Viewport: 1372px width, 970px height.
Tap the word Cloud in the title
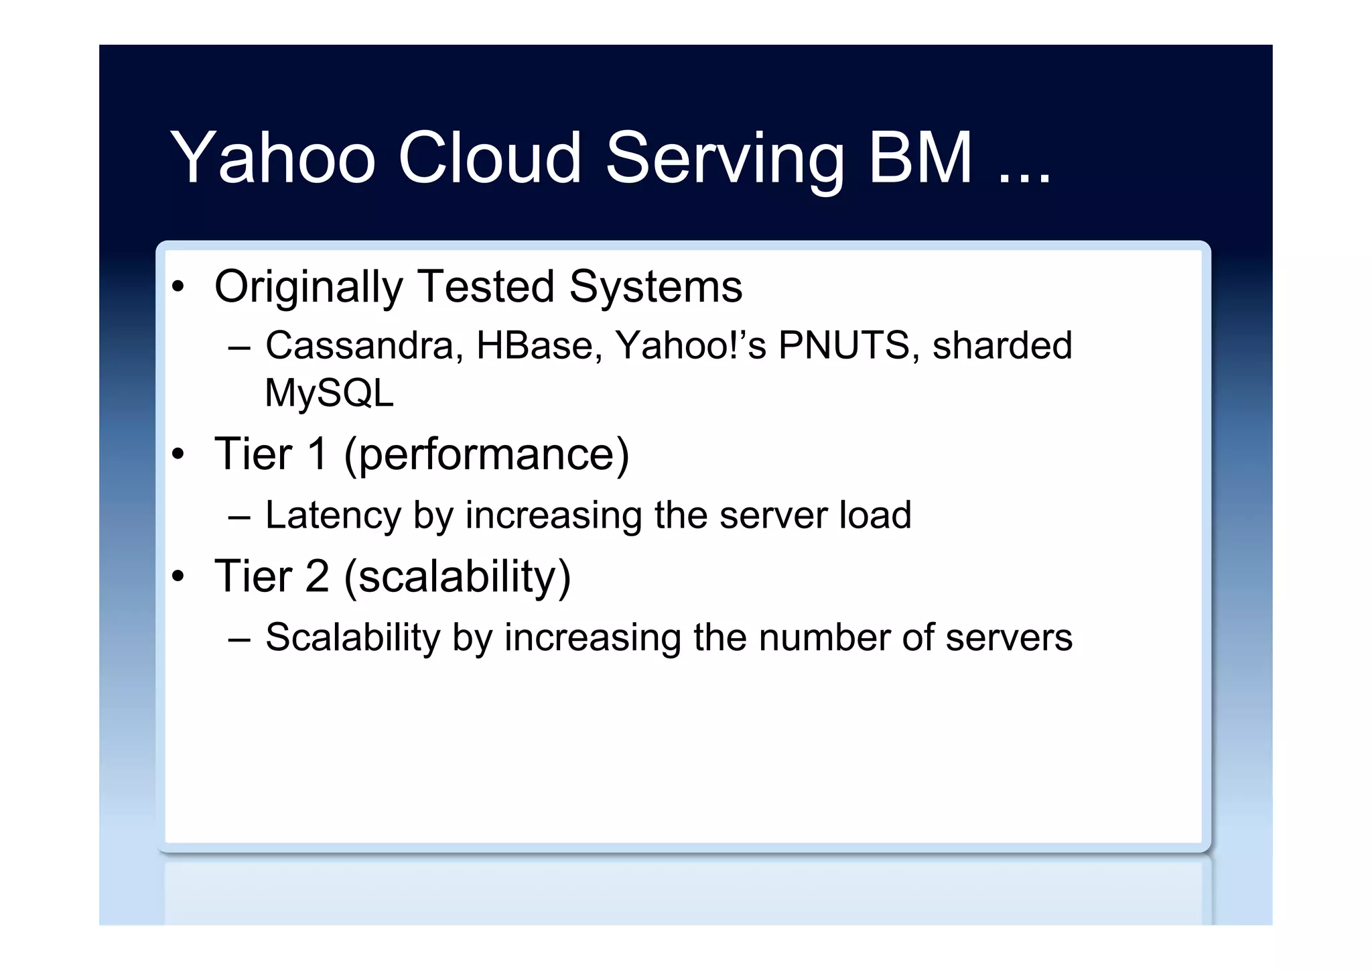[489, 158]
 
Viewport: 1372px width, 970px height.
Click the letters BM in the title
[920, 158]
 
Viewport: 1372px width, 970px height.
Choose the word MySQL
[329, 393]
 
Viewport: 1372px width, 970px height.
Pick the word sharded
[1002, 346]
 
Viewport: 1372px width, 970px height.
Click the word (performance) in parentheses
[486, 456]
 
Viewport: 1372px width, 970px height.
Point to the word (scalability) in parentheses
[458, 578]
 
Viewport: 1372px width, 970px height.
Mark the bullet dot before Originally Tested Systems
[178, 288]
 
